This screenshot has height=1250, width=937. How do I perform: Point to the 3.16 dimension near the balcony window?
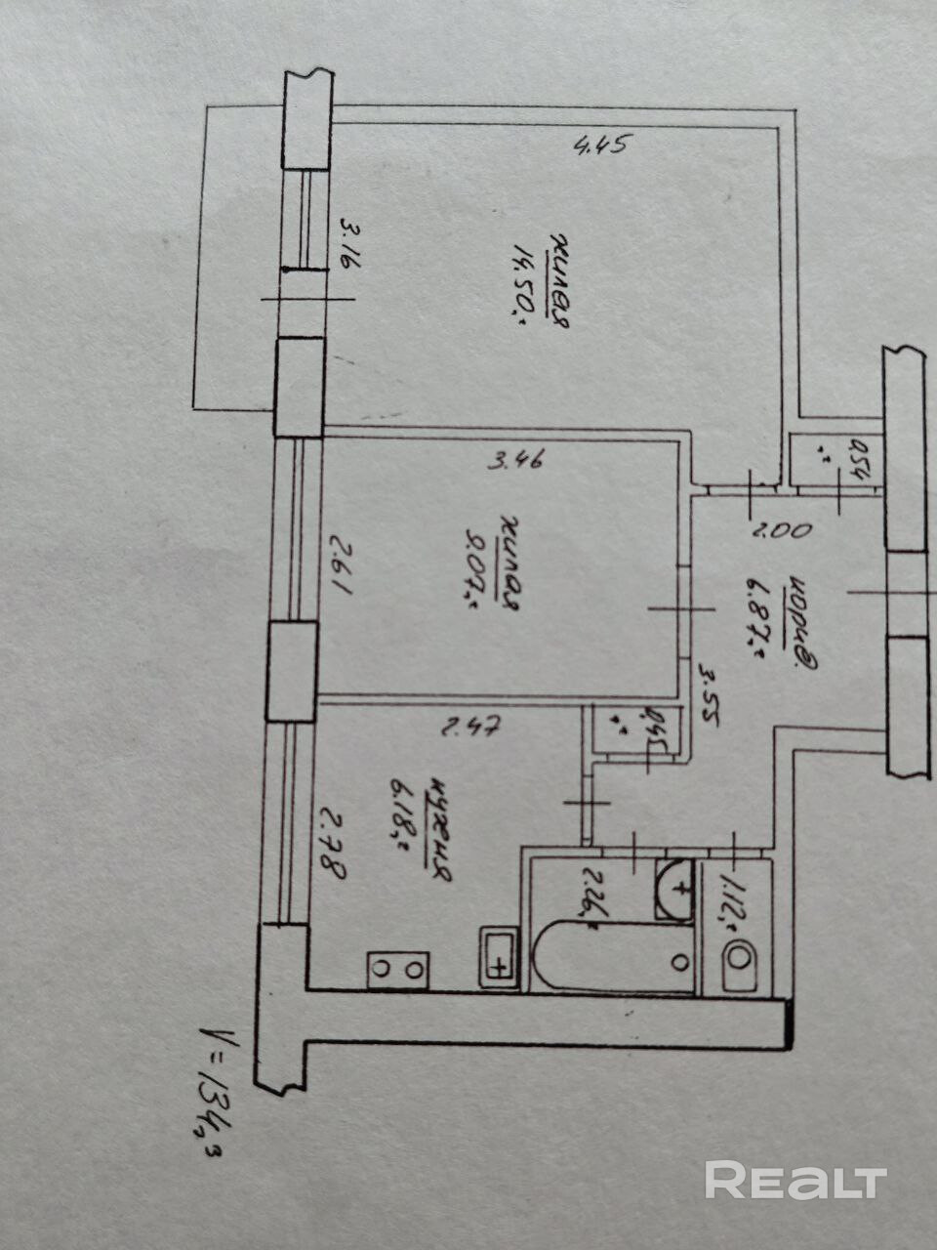pyautogui.click(x=347, y=248)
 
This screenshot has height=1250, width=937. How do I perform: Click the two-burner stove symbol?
pyautogui.click(x=398, y=969)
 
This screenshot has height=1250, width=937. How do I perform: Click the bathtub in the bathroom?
pyautogui.click(x=615, y=958)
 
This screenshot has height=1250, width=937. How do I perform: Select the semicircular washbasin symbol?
pyautogui.click(x=674, y=888)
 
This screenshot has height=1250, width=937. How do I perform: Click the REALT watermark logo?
pyautogui.click(x=795, y=1181)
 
